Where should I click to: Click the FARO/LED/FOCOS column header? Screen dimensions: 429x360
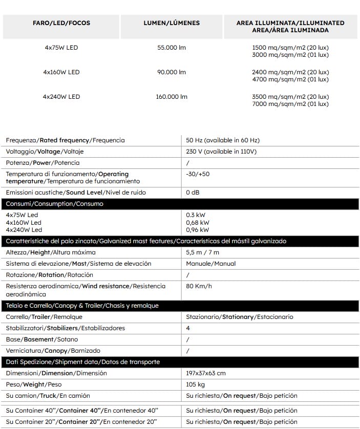tap(61, 23)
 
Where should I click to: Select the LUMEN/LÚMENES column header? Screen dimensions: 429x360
tap(171, 23)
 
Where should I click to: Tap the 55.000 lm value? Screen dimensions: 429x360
tap(171, 48)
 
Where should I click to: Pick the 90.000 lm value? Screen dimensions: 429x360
tap(171, 72)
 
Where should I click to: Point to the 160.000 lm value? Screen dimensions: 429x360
tap(171, 97)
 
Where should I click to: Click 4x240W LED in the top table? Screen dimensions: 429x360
tap(61, 97)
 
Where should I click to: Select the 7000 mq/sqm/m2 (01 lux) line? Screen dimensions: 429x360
tap(290, 104)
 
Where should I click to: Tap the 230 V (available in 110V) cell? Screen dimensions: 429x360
tap(221, 152)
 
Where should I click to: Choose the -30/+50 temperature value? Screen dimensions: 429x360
tap(198, 174)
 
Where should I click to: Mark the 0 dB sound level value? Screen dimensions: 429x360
tap(193, 192)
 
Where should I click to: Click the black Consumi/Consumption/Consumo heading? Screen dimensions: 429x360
tap(55, 204)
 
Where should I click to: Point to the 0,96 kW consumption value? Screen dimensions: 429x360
tap(198, 230)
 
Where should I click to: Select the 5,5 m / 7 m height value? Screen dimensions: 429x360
tap(202, 252)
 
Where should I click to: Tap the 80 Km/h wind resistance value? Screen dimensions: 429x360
tap(199, 286)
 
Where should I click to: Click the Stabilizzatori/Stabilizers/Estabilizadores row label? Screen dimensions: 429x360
tap(66, 328)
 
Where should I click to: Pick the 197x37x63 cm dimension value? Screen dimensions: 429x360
tap(206, 373)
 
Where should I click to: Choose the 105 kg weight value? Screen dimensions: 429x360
tap(196, 384)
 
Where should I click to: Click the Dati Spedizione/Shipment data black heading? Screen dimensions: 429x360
tap(83, 362)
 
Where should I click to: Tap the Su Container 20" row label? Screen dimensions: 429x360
tap(81, 422)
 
